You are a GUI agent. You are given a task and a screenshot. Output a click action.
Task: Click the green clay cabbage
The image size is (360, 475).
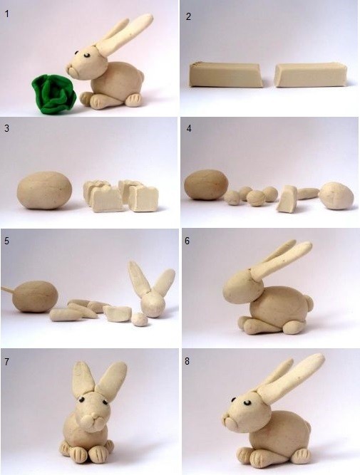(x=53, y=94)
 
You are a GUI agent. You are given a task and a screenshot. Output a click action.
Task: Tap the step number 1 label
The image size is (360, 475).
(x=6, y=14)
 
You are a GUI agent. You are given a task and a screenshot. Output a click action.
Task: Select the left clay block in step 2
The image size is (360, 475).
(x=226, y=75)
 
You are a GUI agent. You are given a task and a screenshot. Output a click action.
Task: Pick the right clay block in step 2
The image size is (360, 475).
(x=311, y=75)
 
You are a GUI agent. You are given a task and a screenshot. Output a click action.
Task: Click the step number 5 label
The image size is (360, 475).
(x=6, y=241)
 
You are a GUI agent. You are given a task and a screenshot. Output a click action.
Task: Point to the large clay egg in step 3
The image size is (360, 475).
(x=45, y=190)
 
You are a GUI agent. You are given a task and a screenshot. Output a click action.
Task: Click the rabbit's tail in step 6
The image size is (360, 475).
(x=309, y=303)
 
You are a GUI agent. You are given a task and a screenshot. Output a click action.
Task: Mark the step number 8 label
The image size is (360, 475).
(x=187, y=361)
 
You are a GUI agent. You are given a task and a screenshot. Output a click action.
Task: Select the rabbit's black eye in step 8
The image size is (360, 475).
(x=248, y=402)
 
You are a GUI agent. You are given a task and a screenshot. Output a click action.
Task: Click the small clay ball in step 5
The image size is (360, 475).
(x=140, y=319)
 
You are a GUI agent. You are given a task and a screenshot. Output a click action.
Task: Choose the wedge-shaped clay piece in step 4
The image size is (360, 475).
(x=287, y=199)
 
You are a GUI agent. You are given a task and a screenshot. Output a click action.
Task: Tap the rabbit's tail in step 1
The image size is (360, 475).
(x=140, y=77)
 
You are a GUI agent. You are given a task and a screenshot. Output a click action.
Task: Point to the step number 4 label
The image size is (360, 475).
(x=189, y=128)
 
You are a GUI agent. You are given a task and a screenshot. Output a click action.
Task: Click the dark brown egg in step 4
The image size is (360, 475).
(x=206, y=184)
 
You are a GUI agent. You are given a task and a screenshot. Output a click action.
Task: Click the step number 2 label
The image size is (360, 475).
(x=188, y=16)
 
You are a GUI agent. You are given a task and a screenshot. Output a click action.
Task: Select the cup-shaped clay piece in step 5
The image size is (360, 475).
(x=118, y=313)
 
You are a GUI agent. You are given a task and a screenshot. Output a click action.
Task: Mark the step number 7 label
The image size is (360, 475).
(x=6, y=362)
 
